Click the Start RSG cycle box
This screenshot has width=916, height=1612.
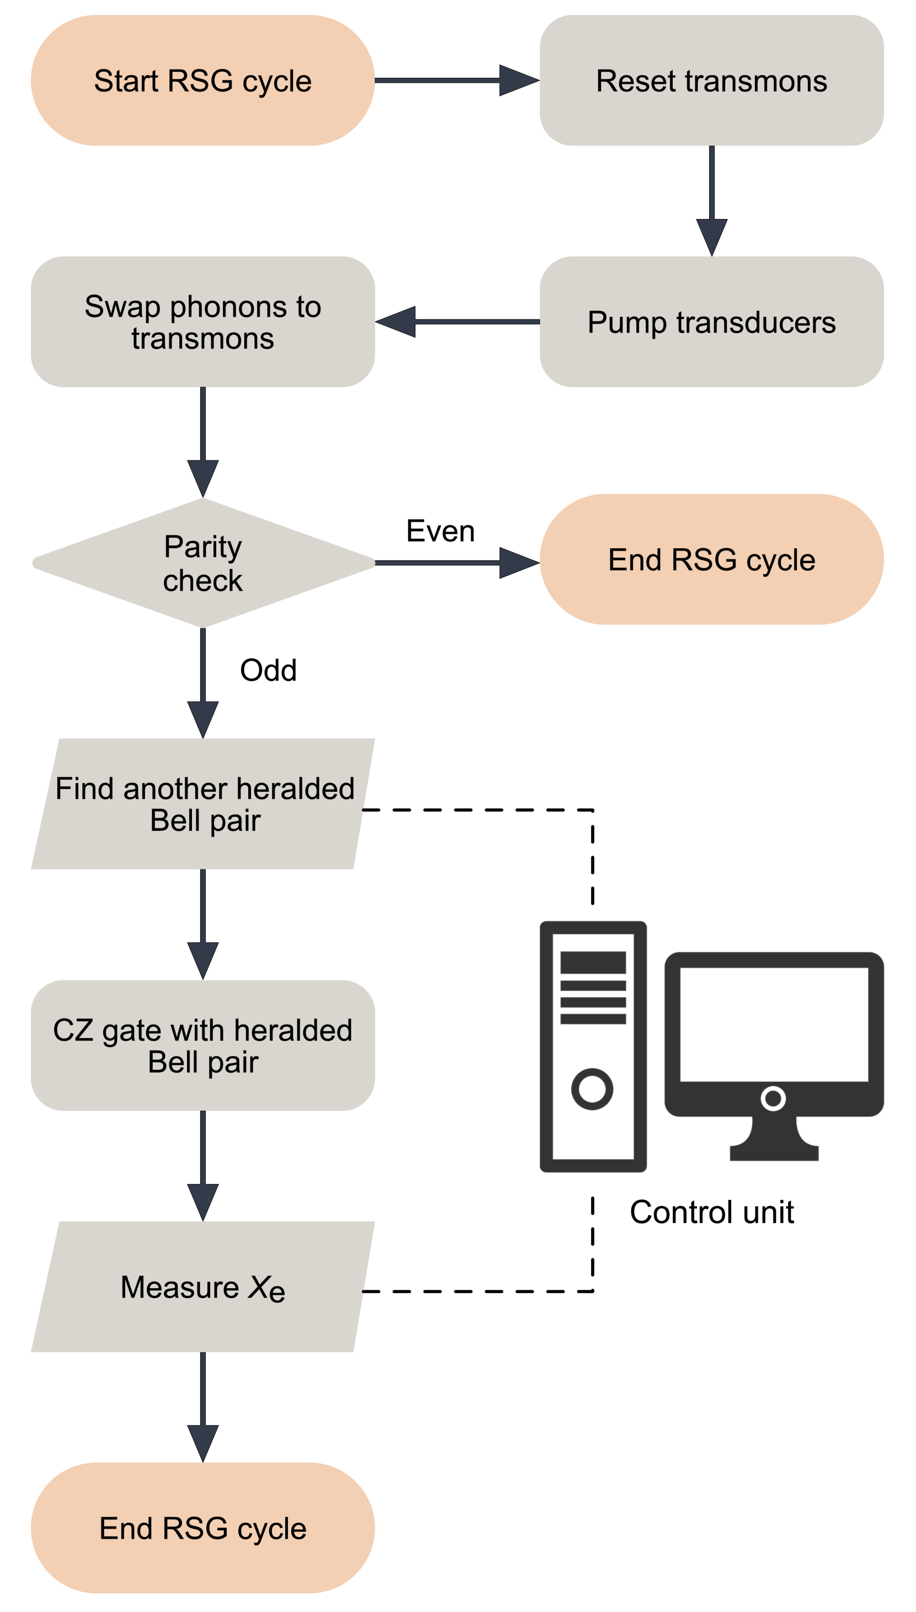pyautogui.click(x=202, y=81)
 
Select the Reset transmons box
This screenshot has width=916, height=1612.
pyautogui.click(x=711, y=81)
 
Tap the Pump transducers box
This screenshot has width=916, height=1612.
pyautogui.click(x=711, y=322)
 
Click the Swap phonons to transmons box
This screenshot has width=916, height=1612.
pyautogui.click(x=202, y=322)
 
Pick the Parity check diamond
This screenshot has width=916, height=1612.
pyautogui.click(x=202, y=563)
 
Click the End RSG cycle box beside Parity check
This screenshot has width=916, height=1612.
pyautogui.click(x=711, y=559)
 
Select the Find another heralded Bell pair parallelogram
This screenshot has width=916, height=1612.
pyautogui.click(x=202, y=804)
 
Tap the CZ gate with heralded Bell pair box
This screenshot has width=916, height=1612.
pyautogui.click(x=202, y=1045)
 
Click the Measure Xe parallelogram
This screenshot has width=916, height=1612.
pyautogui.click(x=202, y=1286)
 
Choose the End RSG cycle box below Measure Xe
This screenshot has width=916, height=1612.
pyautogui.click(x=202, y=1528)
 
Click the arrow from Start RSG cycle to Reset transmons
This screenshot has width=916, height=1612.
pyautogui.click(x=456, y=81)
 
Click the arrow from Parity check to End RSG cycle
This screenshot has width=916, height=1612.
pyautogui.click(x=456, y=563)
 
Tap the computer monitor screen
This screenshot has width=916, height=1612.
pyautogui.click(x=774, y=1024)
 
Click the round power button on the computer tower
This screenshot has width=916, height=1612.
pyautogui.click(x=592, y=1089)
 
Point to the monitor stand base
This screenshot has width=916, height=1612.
pyautogui.click(x=774, y=1152)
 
